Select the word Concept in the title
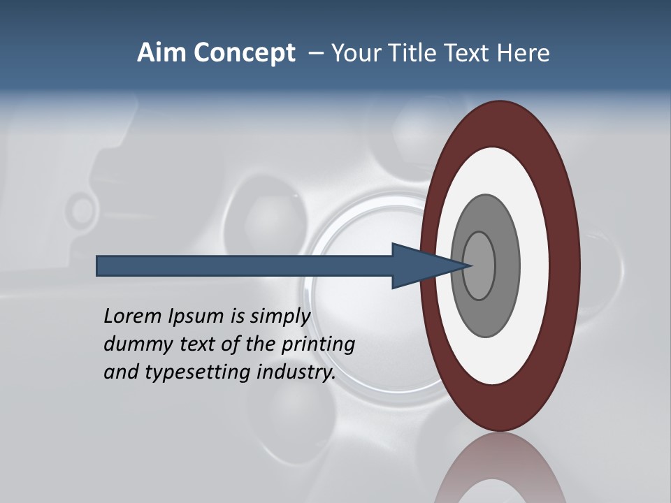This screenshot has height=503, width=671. tap(245, 54)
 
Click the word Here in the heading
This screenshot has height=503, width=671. tap(524, 53)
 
